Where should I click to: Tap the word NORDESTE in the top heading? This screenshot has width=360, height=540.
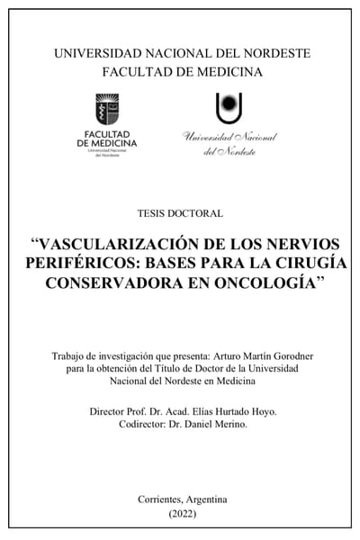(x=269, y=53)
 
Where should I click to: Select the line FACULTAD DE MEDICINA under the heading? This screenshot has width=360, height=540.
(x=182, y=71)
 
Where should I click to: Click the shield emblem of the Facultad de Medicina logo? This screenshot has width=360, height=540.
(x=106, y=110)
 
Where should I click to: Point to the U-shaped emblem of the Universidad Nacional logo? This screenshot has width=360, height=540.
(x=229, y=108)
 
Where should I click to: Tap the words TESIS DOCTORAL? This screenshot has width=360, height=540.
(x=181, y=213)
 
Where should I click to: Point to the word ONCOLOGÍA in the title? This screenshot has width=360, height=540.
(x=267, y=283)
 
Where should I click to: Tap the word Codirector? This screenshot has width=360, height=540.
(x=131, y=425)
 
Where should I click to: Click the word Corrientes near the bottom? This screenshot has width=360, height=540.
(x=161, y=499)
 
